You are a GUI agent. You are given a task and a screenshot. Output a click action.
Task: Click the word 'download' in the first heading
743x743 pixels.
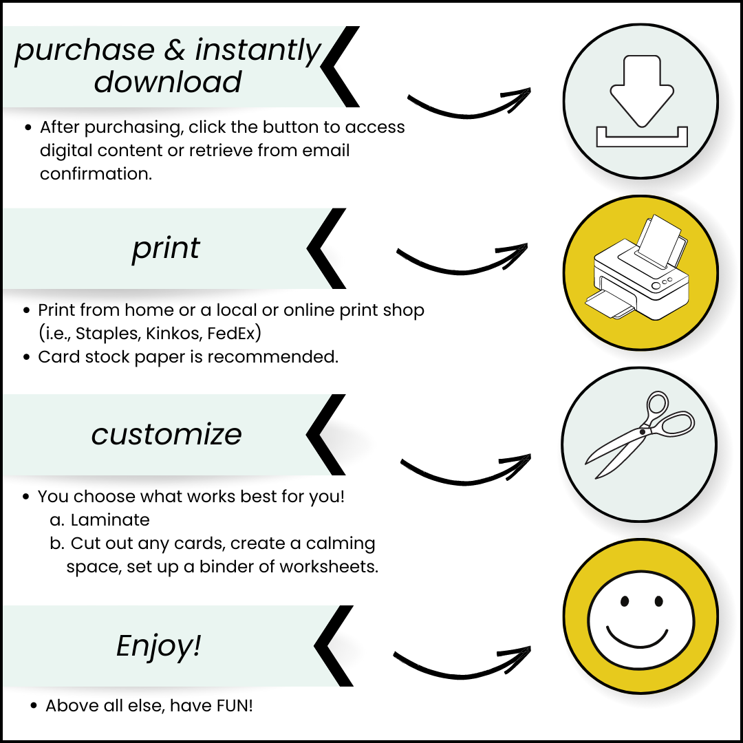coord(168,82)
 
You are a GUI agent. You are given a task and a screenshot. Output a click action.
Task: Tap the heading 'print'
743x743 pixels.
coord(166,248)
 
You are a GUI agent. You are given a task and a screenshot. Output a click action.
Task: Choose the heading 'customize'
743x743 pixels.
coord(166,434)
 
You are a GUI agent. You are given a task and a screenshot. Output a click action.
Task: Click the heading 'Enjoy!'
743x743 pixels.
coord(158,646)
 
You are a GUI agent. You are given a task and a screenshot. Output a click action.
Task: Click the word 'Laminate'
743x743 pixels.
coord(110,520)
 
